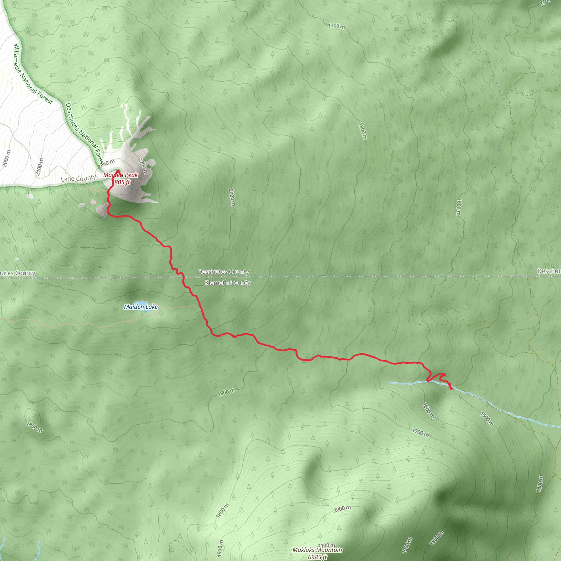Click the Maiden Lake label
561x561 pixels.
[141, 307]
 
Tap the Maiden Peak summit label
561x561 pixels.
[121, 175]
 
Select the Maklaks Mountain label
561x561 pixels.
[317, 550]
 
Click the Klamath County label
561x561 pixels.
[228, 282]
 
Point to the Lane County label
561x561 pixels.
[78, 178]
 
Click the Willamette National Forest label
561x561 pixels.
[33, 74]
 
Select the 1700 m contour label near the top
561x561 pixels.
[337, 26]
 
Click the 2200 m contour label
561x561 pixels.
[143, 166]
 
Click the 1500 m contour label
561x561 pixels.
[487, 419]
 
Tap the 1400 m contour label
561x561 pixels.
[540, 483]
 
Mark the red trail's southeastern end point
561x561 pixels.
[451, 388]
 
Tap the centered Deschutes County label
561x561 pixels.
[223, 271]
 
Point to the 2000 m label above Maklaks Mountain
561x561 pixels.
[342, 509]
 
